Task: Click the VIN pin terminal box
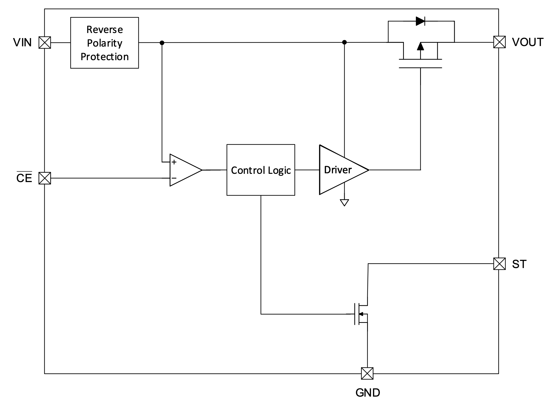(45, 43)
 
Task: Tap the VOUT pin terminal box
(499, 42)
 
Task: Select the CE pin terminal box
(45, 178)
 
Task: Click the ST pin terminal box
(499, 264)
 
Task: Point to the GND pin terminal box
(367, 373)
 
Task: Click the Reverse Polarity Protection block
(104, 43)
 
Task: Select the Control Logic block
(261, 170)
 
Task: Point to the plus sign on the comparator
(174, 162)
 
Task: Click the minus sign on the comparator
(174, 178)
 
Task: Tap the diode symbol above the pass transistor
(420, 21)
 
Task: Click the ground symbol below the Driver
(344, 203)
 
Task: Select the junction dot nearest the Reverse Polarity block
(162, 43)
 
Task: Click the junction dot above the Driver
(344, 42)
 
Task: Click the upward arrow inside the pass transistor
(420, 47)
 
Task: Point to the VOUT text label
(527, 42)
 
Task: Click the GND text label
(367, 393)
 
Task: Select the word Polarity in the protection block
(104, 43)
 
